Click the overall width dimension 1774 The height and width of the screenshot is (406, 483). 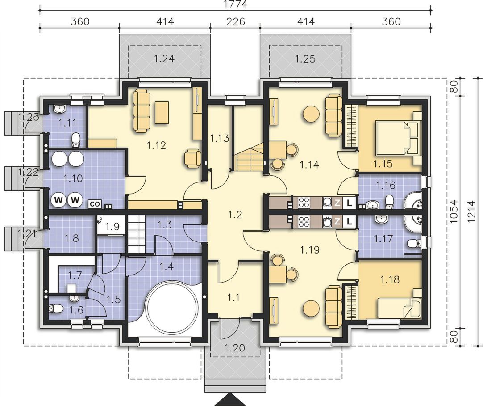click(x=236, y=4)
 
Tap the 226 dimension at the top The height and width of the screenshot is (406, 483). click(x=235, y=21)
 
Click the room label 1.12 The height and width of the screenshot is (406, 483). click(x=157, y=145)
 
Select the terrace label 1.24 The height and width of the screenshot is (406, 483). click(x=164, y=58)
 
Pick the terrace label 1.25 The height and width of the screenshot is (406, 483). click(x=305, y=58)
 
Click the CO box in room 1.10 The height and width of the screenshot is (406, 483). click(x=95, y=203)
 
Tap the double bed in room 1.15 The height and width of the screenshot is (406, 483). click(x=399, y=138)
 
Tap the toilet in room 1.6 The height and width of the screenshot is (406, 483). click(x=56, y=308)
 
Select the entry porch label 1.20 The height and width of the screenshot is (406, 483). click(x=235, y=348)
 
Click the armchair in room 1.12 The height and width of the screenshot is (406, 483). click(x=192, y=158)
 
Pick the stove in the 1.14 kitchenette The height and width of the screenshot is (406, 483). click(x=304, y=203)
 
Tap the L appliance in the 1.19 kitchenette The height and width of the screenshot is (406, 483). click(x=349, y=221)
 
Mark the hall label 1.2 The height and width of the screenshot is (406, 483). click(x=235, y=215)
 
